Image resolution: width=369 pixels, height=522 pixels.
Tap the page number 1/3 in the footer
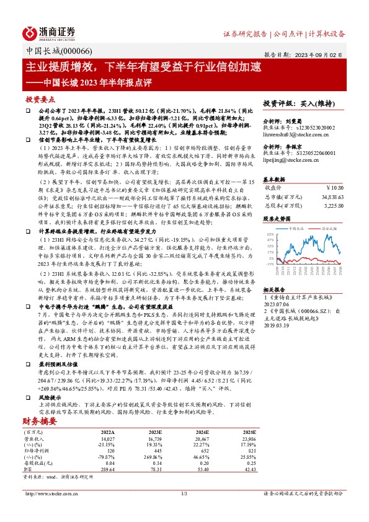(184, 510)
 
